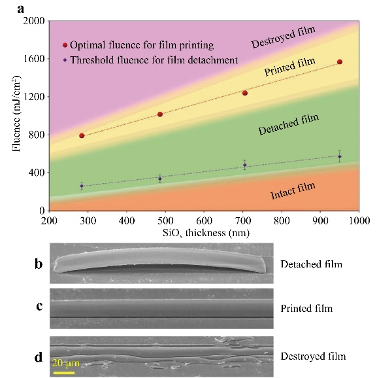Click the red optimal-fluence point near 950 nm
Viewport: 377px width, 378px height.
pyautogui.click(x=340, y=62)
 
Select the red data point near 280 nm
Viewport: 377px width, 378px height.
pyautogui.click(x=82, y=136)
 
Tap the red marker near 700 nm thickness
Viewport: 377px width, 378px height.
pyautogui.click(x=245, y=93)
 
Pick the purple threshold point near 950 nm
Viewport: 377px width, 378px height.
pyautogui.click(x=340, y=157)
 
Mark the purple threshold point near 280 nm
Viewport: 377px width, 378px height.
pyautogui.click(x=82, y=186)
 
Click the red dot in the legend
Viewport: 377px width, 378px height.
pyautogui.click(x=65, y=45)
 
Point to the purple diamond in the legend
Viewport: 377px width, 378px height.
pyautogui.click(x=65, y=60)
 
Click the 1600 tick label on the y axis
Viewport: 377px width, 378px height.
pyautogui.click(x=34, y=59)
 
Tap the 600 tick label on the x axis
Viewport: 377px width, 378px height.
pyautogui.click(x=204, y=220)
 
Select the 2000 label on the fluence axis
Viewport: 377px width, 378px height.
pyautogui.click(x=34, y=21)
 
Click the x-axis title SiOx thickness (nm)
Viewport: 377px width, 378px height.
pyautogui.click(x=206, y=233)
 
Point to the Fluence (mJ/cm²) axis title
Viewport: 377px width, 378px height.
pyautogui.click(x=16, y=114)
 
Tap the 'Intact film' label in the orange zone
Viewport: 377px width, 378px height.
pyautogui.click(x=293, y=191)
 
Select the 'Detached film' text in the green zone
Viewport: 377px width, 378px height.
pyautogui.click(x=289, y=124)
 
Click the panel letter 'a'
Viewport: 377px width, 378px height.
pyautogui.click(x=21, y=10)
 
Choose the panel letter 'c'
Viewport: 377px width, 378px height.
pyautogui.click(x=39, y=307)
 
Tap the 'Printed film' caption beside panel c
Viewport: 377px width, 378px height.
pyautogui.click(x=306, y=309)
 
